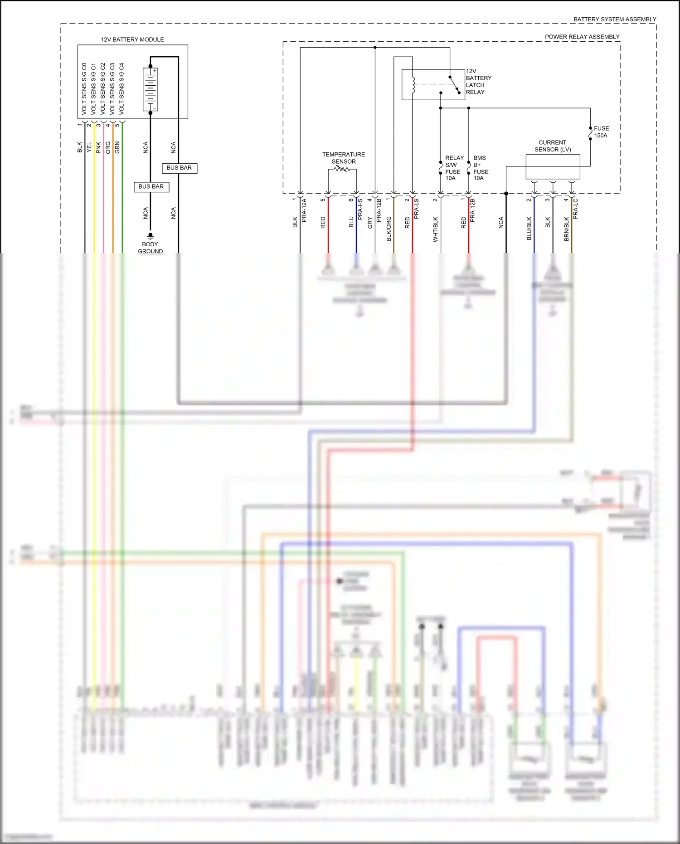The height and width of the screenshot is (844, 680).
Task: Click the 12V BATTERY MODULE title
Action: pyautogui.click(x=132, y=39)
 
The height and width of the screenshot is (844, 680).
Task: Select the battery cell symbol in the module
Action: pyautogui.click(x=151, y=89)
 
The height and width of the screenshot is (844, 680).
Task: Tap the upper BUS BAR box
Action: pyautogui.click(x=179, y=168)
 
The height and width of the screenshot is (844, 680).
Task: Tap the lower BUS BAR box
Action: pyautogui.click(x=151, y=186)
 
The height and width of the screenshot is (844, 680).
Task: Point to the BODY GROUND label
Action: pyautogui.click(x=150, y=248)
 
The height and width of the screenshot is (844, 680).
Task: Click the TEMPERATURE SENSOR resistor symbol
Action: pyautogui.click(x=342, y=169)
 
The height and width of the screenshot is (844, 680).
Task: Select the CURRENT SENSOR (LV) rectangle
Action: pyautogui.click(x=553, y=167)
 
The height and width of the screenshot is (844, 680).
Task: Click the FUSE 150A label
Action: pyautogui.click(x=601, y=132)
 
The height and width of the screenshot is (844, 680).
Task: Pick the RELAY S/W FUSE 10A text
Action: pyautogui.click(x=453, y=168)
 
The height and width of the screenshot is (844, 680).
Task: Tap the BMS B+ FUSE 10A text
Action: pyautogui.click(x=481, y=168)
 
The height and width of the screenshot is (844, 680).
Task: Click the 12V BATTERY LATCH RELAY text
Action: pyautogui.click(x=478, y=82)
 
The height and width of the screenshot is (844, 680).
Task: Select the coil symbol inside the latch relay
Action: pyautogui.click(x=413, y=84)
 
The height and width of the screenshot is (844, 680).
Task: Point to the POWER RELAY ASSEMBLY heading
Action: pyautogui.click(x=582, y=37)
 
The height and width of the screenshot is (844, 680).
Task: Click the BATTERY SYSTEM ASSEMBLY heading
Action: pyautogui.click(x=614, y=20)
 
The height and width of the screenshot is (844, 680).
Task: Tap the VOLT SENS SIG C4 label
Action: pyautogui.click(x=121, y=88)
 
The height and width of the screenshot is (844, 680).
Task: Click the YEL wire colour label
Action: pyautogui.click(x=89, y=147)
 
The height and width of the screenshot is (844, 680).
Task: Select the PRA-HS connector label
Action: pyautogui.click(x=360, y=209)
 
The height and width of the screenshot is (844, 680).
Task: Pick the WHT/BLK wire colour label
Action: pyautogui.click(x=436, y=229)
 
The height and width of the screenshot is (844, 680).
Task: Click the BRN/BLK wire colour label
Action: pyautogui.click(x=567, y=229)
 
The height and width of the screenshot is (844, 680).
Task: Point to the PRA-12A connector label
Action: pyautogui.click(x=304, y=210)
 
